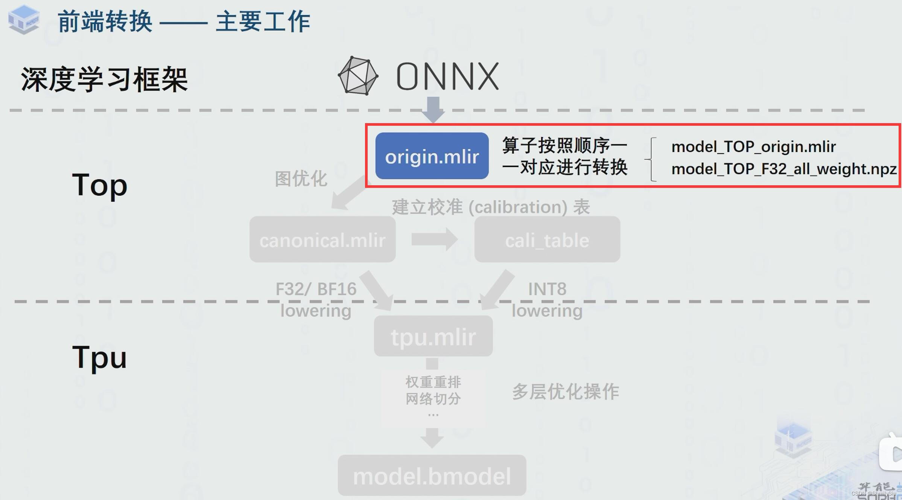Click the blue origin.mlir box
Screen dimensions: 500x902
pyautogui.click(x=432, y=156)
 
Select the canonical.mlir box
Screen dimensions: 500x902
pyautogui.click(x=322, y=239)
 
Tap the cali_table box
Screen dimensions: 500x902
pyautogui.click(x=547, y=239)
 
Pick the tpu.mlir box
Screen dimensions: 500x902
pyautogui.click(x=433, y=336)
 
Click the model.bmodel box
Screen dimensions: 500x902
pyautogui.click(x=432, y=476)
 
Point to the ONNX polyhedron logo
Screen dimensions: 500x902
pyautogui.click(x=358, y=76)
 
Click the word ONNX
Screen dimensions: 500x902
pyautogui.click(x=447, y=77)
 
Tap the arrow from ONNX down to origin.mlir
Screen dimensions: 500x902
pyautogui.click(x=433, y=109)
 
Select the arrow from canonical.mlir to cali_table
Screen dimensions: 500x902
pyautogui.click(x=434, y=239)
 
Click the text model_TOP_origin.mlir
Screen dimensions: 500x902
pyautogui.click(x=753, y=146)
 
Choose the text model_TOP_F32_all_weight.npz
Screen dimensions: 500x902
pyautogui.click(x=784, y=169)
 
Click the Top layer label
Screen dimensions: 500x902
pyautogui.click(x=99, y=184)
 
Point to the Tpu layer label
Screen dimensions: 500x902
pyautogui.click(x=99, y=357)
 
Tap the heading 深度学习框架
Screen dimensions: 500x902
pyautogui.click(x=104, y=79)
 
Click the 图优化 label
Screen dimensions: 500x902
pyautogui.click(x=301, y=178)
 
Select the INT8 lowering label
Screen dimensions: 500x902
pyautogui.click(x=547, y=300)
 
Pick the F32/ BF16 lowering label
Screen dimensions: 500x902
pyautogui.click(x=316, y=300)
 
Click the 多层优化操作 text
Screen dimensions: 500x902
pyautogui.click(x=565, y=392)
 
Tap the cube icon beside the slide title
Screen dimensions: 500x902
pyautogui.click(x=24, y=20)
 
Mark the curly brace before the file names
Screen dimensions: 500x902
pyautogui.click(x=651, y=160)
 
